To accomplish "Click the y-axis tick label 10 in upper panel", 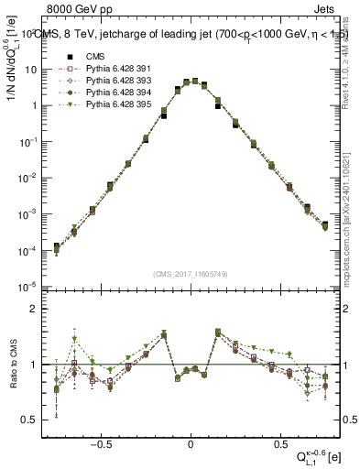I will click(x=31, y=70).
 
